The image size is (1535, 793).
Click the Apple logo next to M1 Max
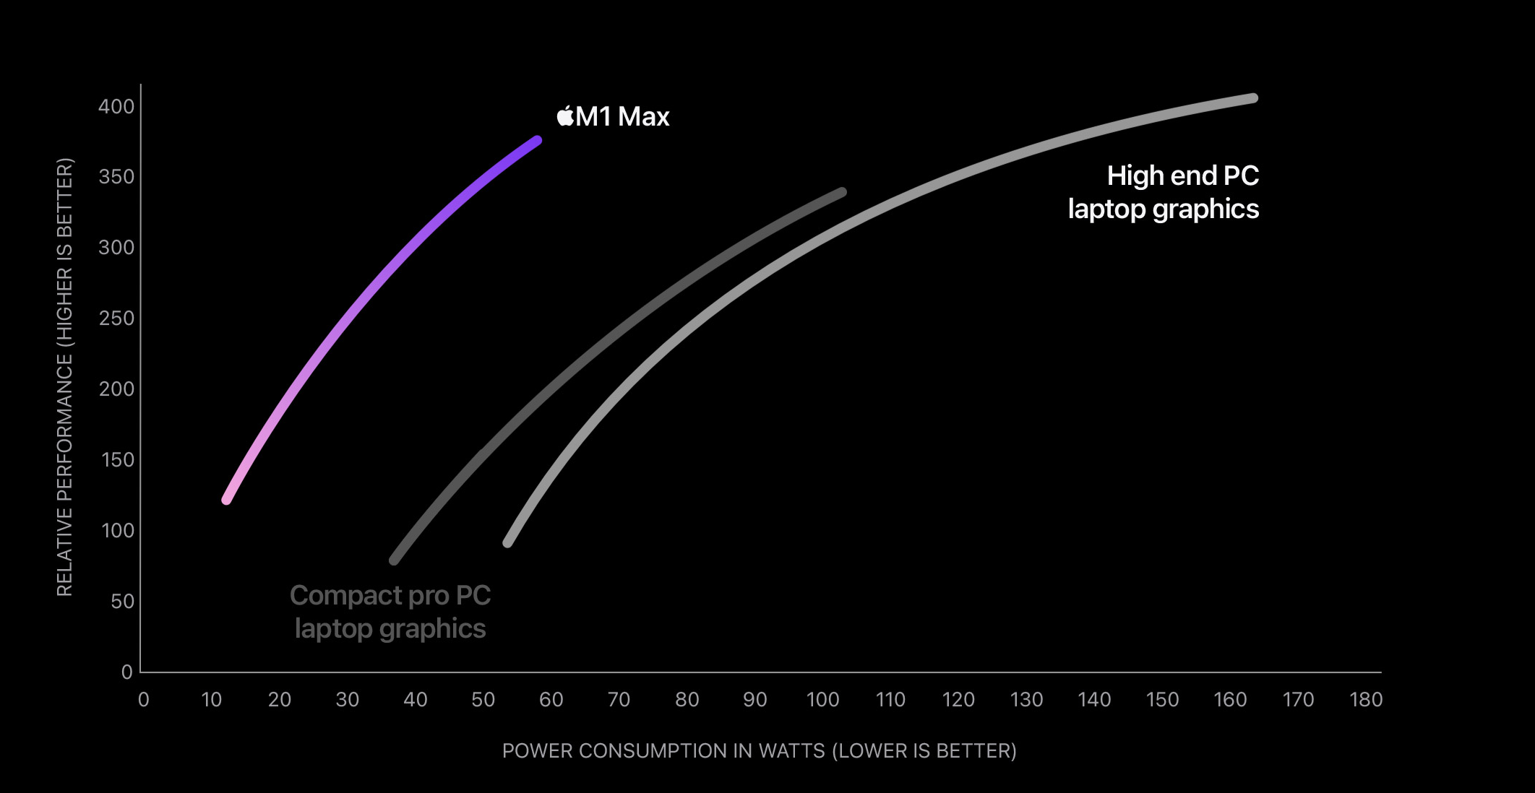[565, 116]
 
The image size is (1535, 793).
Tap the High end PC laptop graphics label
[1164, 192]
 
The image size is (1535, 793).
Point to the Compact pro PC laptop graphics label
[390, 612]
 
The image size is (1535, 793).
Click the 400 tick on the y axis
[116, 107]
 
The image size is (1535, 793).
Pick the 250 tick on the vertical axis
[116, 318]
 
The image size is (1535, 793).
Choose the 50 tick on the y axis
[122, 602]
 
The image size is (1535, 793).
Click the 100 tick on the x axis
[822, 700]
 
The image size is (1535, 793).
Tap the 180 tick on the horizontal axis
[1366, 700]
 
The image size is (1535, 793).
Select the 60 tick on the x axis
[551, 700]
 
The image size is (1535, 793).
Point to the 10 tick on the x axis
[211, 700]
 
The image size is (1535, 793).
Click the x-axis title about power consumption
[759, 751]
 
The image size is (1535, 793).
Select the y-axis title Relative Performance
[65, 377]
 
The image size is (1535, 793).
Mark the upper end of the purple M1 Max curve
[537, 141]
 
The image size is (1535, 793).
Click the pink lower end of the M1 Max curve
[227, 499]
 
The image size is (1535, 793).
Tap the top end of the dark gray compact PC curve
[842, 192]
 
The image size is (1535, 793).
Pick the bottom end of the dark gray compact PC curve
[394, 560]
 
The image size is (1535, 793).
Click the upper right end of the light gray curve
[1253, 98]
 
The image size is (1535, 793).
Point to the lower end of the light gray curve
[507, 542]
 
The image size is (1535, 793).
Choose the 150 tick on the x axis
[1162, 700]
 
